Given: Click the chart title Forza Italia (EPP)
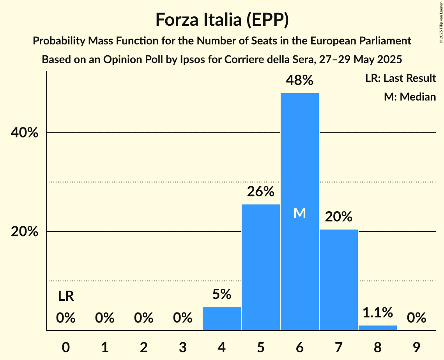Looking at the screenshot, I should coord(222,20).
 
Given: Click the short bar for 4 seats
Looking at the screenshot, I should coord(222,318).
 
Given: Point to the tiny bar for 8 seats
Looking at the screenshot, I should coord(377,328).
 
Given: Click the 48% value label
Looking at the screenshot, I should coord(299,80).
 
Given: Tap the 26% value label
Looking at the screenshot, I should coord(261,192).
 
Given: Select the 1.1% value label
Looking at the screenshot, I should coord(377,312).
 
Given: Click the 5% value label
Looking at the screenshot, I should coord(222,294).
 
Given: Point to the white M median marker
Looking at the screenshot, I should coord(299,213).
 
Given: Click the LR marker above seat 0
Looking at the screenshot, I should coord(66,296).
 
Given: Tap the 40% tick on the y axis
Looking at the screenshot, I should coord(25,133).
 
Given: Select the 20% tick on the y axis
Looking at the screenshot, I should coord(25,232).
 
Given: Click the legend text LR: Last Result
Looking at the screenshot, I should coord(400,78).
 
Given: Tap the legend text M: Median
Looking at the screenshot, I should coord(410,97).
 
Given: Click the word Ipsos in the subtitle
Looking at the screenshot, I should coord(181,60).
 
